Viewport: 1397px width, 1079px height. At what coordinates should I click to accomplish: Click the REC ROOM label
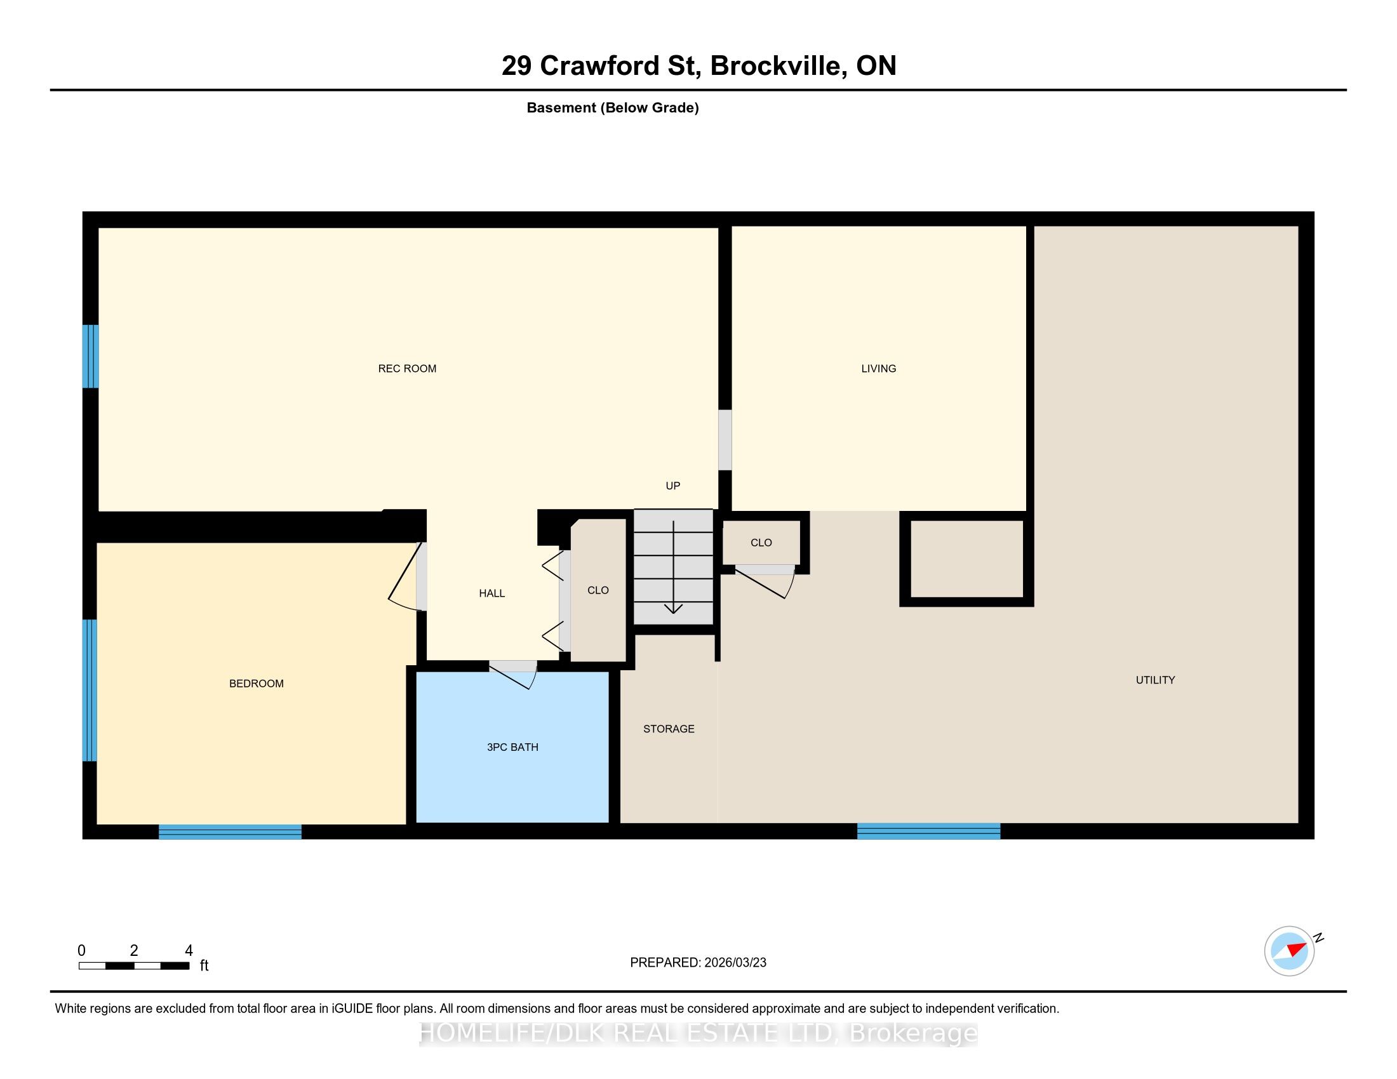tap(407, 369)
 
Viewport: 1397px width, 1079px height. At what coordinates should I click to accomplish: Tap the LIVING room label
tap(878, 369)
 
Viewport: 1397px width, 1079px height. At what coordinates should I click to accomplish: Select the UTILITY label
tap(1155, 680)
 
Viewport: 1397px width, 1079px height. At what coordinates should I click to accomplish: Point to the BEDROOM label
tap(256, 684)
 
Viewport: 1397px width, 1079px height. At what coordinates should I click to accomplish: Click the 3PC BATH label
tap(512, 747)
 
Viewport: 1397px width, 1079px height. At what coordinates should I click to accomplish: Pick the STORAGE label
tap(669, 729)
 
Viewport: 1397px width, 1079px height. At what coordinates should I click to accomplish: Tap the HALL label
tap(492, 594)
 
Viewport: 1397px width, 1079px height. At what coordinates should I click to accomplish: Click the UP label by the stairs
tap(673, 486)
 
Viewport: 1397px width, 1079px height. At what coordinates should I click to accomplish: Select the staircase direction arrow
tap(674, 567)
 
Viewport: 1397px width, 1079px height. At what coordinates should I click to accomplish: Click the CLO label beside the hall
tap(598, 591)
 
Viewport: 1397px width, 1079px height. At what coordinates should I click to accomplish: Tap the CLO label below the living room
tap(761, 543)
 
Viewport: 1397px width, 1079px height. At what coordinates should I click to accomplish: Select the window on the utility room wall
tap(929, 831)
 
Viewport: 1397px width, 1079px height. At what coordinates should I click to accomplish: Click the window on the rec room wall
tap(91, 357)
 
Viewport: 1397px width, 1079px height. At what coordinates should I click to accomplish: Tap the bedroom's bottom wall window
tap(231, 832)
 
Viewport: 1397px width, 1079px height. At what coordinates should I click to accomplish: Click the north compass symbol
tap(1290, 951)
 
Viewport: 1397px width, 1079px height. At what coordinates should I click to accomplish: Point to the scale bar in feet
tap(135, 966)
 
